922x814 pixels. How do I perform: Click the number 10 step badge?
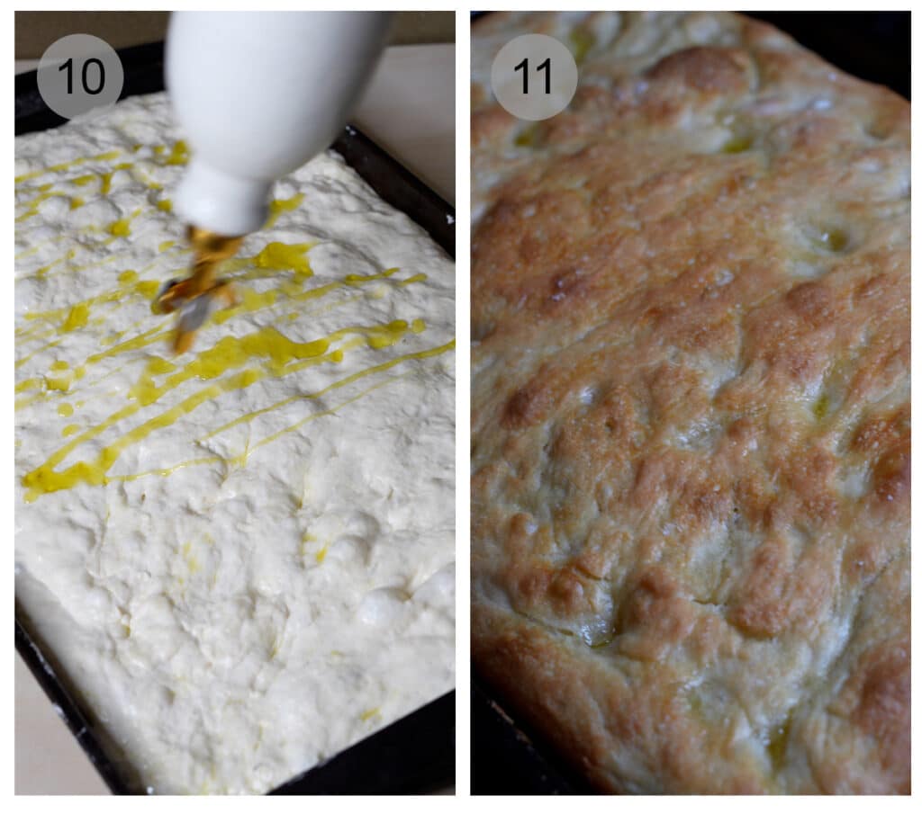point(79,76)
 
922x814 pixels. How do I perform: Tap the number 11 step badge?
point(533,76)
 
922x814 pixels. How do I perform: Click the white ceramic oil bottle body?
point(270,81)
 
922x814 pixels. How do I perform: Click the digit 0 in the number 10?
point(93,76)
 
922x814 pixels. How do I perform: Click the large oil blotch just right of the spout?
point(285,259)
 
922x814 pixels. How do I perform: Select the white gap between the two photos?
point(463,405)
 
